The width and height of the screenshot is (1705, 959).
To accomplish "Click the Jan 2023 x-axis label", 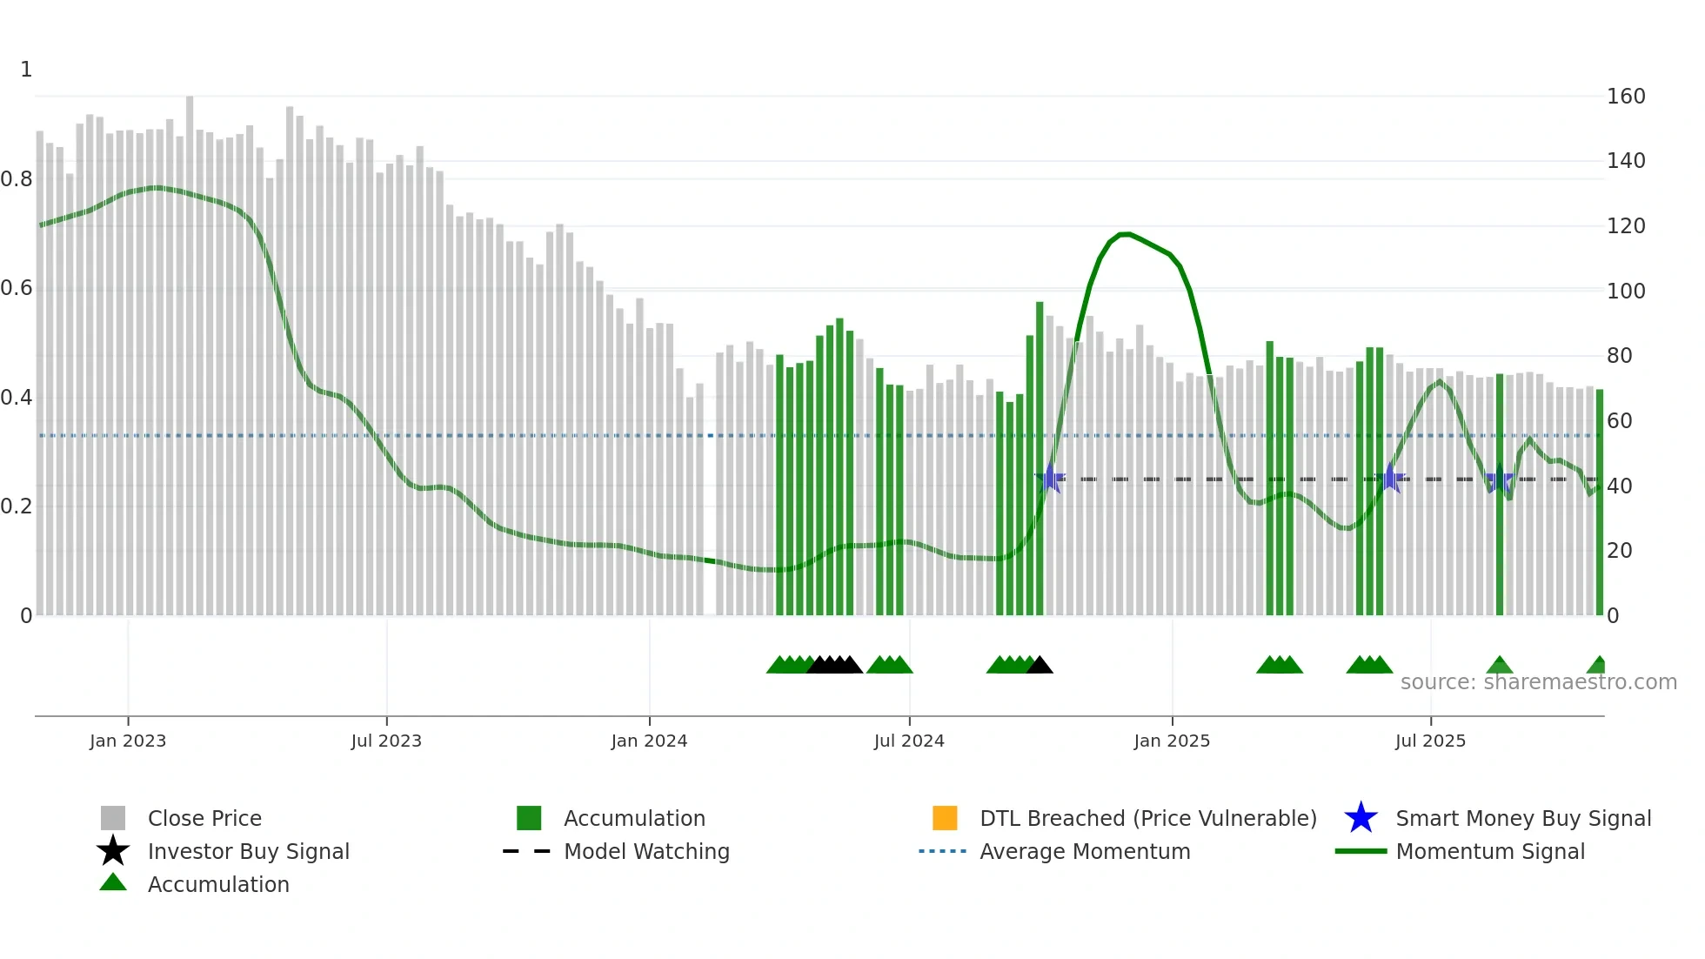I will click(x=127, y=741).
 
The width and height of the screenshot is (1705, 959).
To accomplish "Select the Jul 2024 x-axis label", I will click(x=908, y=741).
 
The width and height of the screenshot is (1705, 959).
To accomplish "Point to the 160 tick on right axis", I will click(x=1625, y=97).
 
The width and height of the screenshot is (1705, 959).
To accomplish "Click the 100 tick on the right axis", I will click(x=1625, y=292).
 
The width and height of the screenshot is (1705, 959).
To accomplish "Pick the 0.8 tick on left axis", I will click(x=17, y=179).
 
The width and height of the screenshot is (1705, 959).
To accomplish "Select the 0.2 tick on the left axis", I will click(x=17, y=506).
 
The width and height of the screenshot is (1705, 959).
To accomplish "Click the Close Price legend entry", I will click(x=204, y=818).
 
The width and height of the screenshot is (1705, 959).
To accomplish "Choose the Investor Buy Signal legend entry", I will click(x=248, y=851).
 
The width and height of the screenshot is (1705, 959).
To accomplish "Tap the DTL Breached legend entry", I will click(x=1147, y=818).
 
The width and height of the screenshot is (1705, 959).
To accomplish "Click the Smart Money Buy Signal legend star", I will click(x=1361, y=818).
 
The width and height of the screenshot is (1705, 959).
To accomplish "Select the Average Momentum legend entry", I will click(x=1084, y=851).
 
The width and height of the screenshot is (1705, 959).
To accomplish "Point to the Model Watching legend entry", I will click(x=645, y=851).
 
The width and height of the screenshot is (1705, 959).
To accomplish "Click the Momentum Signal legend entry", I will click(x=1489, y=851).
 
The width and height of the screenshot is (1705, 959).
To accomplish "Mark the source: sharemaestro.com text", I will click(x=1538, y=682).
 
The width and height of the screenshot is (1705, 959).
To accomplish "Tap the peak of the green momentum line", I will click(x=1124, y=234).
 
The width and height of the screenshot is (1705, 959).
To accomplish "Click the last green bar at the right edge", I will click(x=1599, y=505).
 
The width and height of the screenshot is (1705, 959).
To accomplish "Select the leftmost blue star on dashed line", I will click(x=1050, y=479).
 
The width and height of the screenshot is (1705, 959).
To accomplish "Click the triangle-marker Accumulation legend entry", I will click(x=217, y=884).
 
